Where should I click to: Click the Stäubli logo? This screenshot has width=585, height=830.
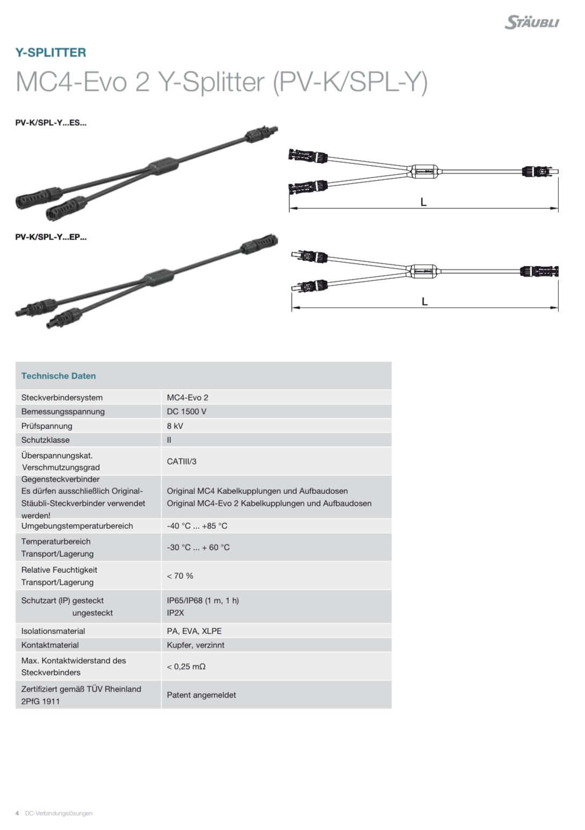coord(531,22)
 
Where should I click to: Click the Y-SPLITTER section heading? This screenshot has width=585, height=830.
coord(50,53)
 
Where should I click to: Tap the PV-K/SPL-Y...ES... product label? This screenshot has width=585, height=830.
coord(51,122)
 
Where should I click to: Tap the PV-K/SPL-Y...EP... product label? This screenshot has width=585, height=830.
coord(51,237)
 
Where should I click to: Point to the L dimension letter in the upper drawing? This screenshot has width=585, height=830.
coord(423,202)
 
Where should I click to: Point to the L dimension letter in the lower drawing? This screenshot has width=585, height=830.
coord(425,302)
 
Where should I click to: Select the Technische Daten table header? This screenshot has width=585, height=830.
coord(58,376)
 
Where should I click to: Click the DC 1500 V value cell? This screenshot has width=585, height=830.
coord(187,412)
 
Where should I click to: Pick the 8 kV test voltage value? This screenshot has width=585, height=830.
coord(175,426)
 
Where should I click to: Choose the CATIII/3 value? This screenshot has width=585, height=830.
coord(181,461)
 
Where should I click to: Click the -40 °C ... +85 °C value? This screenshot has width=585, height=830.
coord(197,526)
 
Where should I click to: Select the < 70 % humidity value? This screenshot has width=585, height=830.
coord(180,576)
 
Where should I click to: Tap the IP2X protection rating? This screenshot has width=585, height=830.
coord(175,613)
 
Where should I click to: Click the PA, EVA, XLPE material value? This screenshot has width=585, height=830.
coord(194,631)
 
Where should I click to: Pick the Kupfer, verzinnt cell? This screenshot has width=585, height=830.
coord(195,645)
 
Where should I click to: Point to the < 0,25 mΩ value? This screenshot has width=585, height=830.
coord(186,666)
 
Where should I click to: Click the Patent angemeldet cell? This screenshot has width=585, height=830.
coord(201,695)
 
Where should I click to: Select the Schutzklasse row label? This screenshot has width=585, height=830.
coord(46,440)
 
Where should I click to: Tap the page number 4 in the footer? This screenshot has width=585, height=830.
coord(17,813)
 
